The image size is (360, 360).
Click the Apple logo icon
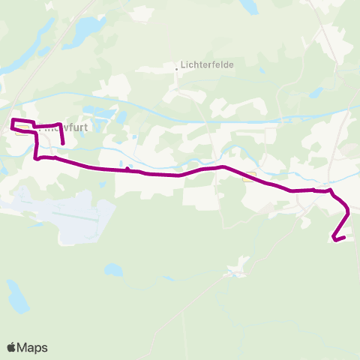point(12,347)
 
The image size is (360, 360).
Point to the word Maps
point(32,347)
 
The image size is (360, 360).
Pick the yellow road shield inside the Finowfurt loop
point(23,128)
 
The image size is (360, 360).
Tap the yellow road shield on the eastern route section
point(249,177)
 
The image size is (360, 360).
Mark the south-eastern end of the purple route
point(332,239)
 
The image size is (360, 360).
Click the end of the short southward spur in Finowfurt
point(63,142)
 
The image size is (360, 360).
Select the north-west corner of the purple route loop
point(12,119)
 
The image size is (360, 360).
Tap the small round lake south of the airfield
point(112,268)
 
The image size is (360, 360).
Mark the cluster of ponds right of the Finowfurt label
point(120,118)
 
